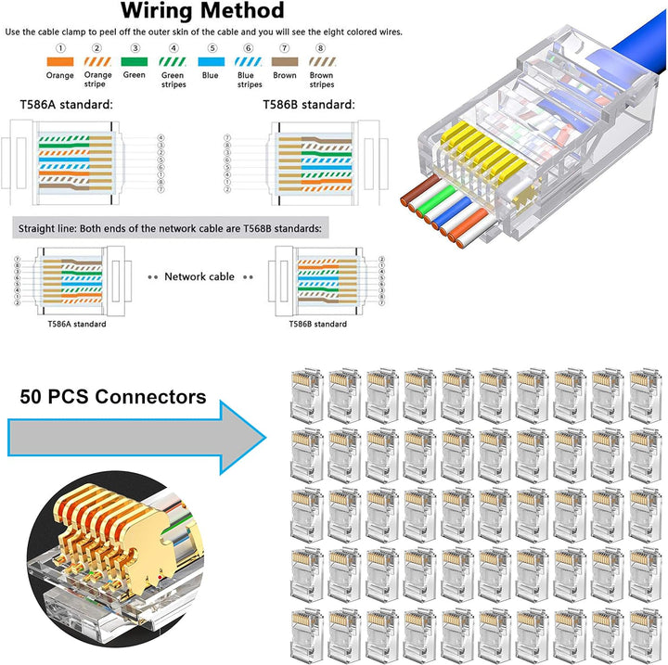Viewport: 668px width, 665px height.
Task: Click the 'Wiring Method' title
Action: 202,10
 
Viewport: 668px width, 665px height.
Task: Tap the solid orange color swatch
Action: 60,62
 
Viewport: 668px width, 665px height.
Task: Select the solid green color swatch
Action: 135,62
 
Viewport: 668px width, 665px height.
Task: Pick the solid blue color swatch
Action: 211,62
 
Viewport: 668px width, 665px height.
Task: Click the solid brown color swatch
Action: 285,62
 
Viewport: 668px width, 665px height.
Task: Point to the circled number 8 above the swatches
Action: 321,48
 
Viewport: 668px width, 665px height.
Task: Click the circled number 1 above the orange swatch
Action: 60,48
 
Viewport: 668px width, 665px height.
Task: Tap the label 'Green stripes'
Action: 173,80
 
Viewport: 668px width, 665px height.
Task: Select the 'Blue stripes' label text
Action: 250,80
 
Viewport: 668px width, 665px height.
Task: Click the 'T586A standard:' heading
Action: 67,105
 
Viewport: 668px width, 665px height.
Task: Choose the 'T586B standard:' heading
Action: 309,105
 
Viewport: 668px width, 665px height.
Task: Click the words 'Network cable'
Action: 199,277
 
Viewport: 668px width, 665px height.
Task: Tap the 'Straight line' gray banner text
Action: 170,229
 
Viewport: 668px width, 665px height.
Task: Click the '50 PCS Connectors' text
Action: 113,397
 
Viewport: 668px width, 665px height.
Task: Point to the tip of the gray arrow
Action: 266,438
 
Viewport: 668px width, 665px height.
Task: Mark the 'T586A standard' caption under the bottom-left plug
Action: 77,325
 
